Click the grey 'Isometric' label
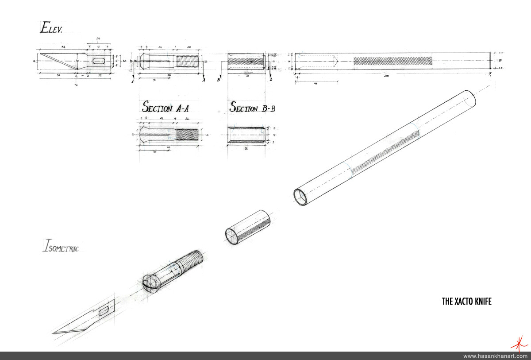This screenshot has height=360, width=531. [x=61, y=246]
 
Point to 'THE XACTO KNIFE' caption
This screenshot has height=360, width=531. [x=467, y=302]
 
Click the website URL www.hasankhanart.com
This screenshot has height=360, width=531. [x=495, y=356]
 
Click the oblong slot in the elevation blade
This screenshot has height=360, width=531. [x=100, y=61]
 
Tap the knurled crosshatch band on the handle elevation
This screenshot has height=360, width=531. [x=392, y=61]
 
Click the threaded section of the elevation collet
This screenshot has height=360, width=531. [x=189, y=61]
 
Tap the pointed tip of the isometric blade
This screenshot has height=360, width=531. [x=54, y=333]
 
